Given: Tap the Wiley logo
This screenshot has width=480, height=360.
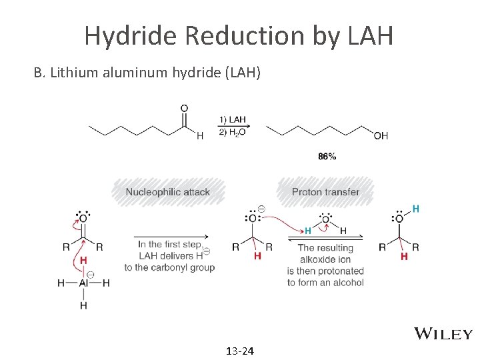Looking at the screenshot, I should (x=443, y=334).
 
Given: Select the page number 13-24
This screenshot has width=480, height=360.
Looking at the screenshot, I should (x=240, y=351).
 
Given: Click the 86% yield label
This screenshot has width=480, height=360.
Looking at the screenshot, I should (x=327, y=156).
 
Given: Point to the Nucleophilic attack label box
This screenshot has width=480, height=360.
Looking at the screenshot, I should (x=168, y=192).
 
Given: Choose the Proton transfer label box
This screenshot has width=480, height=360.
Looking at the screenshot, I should (x=325, y=192).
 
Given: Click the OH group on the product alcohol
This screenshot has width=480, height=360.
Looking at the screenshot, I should (x=381, y=136).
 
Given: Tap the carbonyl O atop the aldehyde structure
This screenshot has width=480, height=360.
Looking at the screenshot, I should (x=184, y=108).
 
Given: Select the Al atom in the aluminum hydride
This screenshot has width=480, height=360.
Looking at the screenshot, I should (x=84, y=283).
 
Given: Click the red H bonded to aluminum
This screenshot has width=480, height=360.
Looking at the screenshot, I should (x=83, y=260).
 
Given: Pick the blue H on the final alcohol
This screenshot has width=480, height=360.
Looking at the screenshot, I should (x=416, y=209).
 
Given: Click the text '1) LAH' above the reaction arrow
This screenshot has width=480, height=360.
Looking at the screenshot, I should (x=231, y=120).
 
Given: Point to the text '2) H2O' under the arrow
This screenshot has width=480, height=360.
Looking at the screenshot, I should (x=231, y=133).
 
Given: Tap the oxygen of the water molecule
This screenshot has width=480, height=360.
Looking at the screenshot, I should (x=326, y=218).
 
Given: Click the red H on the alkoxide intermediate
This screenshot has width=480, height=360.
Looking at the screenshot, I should (x=258, y=256).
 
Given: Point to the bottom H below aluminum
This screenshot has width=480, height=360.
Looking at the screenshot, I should (x=83, y=305).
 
